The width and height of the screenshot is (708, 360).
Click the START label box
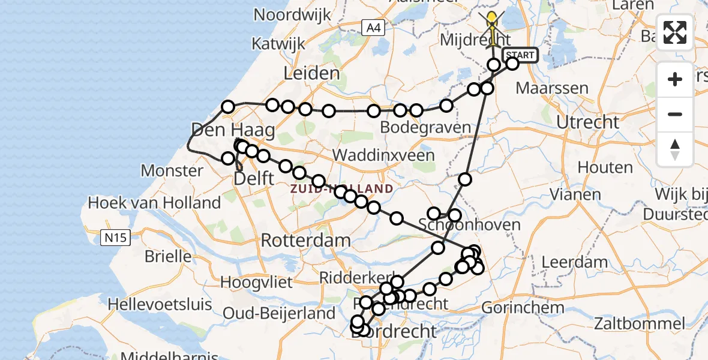[x=520, y=55]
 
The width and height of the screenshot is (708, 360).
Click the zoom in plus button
[x=675, y=79]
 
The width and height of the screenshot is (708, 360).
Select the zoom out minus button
[x=675, y=114]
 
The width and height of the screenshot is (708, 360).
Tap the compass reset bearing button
[x=675, y=149]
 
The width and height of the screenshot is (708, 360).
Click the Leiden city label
[x=312, y=74]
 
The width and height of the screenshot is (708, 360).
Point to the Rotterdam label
[x=306, y=241]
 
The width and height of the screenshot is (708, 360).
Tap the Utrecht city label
[x=587, y=122]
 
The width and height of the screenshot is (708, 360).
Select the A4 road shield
[x=373, y=27]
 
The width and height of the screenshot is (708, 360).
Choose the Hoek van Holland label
[x=154, y=203]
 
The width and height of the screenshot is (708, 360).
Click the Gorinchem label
[x=524, y=308]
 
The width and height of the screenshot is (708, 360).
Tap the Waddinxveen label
[x=383, y=155]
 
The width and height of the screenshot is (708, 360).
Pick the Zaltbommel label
[x=639, y=324]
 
